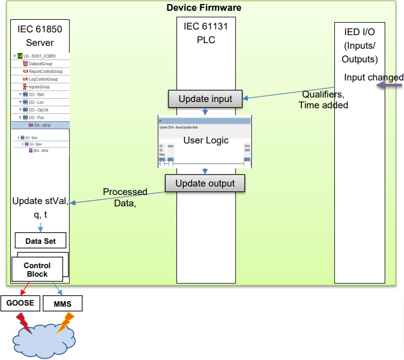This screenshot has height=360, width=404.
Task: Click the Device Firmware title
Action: tap(204, 7)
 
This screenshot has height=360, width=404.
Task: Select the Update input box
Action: tap(205, 99)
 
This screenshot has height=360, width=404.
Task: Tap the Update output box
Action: tap(205, 183)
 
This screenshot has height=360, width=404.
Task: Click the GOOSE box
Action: tap(20, 303)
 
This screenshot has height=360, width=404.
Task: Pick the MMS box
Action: tap(62, 304)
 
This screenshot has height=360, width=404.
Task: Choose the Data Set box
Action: tap(41, 240)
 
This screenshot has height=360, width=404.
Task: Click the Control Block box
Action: tap(37, 270)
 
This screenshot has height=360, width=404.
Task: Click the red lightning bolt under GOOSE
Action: tap(24, 324)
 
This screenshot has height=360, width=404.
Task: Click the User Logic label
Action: tap(205, 140)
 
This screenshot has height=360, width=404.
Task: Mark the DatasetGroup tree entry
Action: tap(40, 64)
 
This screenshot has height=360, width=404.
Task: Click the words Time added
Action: tap(323, 105)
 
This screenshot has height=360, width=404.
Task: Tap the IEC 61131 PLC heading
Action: tap(205, 33)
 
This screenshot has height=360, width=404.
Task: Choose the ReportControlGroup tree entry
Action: tap(45, 71)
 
